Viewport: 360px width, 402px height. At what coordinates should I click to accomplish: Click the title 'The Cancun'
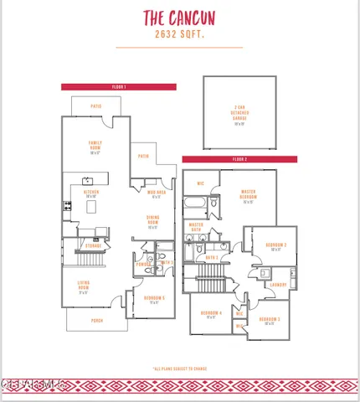coord(179,18)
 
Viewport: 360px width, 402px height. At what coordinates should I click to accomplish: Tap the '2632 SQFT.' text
coord(179,35)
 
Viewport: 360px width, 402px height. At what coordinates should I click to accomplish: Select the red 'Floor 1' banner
coord(118,86)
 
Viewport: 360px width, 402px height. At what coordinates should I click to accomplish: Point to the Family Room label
coord(95,147)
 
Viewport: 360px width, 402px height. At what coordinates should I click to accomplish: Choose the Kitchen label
coord(91,193)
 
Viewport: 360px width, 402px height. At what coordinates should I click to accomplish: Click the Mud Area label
coord(157,194)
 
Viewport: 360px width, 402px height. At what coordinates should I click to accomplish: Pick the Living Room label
coord(84,286)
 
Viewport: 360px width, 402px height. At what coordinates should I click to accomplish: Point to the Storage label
coord(93,245)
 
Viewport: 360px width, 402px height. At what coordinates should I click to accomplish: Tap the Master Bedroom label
coord(248,195)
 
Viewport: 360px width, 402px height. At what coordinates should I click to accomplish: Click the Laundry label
coord(278,284)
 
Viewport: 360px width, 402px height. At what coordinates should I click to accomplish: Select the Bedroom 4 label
coord(211,314)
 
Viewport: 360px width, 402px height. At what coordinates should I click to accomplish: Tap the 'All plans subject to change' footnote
coord(179,368)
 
